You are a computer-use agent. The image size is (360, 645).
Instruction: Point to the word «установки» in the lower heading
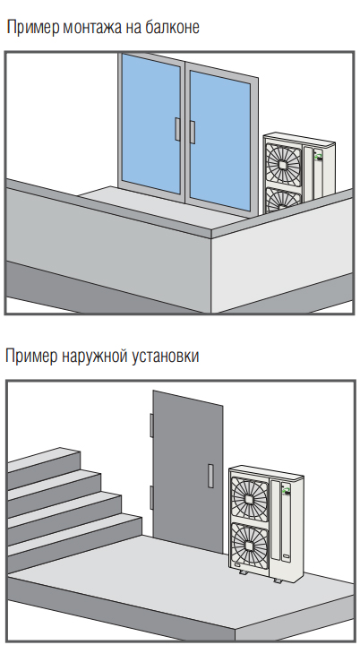coord(166,357)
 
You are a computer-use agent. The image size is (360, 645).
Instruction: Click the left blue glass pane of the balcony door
coord(151,125)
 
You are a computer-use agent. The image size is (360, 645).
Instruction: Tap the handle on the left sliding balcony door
coord(177,129)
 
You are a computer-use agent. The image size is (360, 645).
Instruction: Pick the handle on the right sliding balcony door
coord(193,132)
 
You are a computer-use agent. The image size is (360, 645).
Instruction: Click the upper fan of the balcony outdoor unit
coord(284,164)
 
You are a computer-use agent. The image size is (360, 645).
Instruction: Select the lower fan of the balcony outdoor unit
coord(284,201)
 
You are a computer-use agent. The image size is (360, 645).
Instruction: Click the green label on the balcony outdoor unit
coord(318,156)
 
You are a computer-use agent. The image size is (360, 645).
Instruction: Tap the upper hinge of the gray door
coord(151,426)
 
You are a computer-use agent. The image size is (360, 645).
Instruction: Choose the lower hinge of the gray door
coord(151,497)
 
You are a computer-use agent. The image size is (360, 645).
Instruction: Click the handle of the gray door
coord(210,476)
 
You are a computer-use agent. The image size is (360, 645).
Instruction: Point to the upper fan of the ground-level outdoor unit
coord(249,498)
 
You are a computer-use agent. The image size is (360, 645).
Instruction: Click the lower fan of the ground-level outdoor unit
coord(249,544)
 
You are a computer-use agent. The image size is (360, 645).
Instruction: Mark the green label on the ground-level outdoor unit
coord(286,489)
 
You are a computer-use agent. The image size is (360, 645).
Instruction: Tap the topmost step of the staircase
coord(44,459)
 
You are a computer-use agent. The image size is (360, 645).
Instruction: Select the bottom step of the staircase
coord(74,534)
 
